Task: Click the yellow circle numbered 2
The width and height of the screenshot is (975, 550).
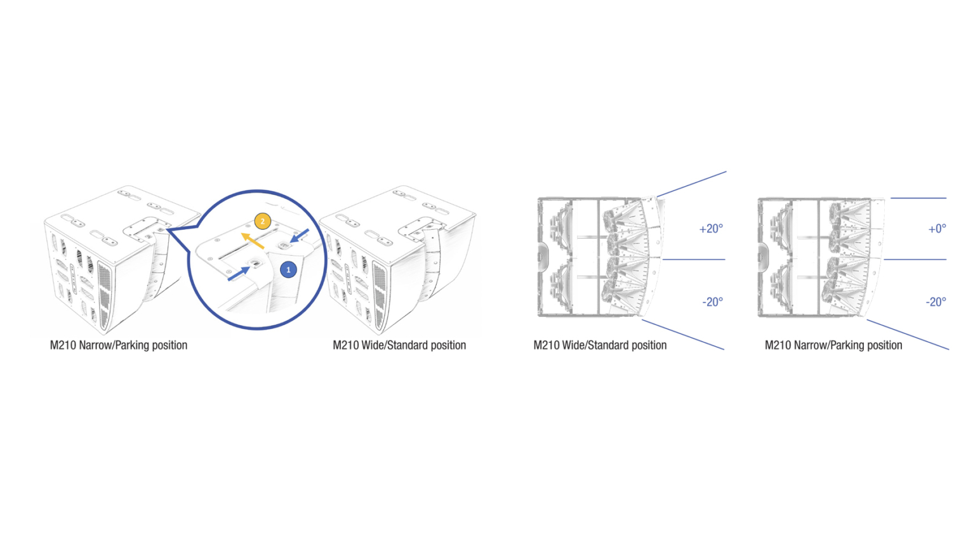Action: click(x=262, y=221)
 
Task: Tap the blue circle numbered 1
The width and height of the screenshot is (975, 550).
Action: click(x=288, y=269)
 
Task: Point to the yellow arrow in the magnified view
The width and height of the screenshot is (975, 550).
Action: click(x=253, y=241)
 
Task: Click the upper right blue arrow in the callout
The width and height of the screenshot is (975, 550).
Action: click(x=300, y=236)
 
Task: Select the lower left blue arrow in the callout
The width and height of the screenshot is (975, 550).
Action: click(x=239, y=274)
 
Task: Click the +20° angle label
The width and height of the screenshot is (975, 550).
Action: click(x=711, y=229)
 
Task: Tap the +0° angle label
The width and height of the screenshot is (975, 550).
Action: click(x=937, y=229)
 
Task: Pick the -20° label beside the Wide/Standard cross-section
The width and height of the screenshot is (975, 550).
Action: click(x=713, y=302)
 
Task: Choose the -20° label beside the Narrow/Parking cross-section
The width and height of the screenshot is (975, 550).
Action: click(x=936, y=302)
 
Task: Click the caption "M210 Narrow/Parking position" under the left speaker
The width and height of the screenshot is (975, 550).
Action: click(x=119, y=345)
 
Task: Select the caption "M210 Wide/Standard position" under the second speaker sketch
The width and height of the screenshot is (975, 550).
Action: click(x=399, y=345)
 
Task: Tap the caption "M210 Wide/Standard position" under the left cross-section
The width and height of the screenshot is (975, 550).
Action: click(x=600, y=345)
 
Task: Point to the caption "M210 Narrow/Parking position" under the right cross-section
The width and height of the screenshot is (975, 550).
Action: click(x=833, y=345)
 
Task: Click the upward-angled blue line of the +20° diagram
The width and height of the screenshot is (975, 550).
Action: click(x=692, y=184)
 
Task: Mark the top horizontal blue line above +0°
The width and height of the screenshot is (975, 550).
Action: click(x=919, y=198)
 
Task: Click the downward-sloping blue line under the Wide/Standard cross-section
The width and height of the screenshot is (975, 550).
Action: click(x=683, y=335)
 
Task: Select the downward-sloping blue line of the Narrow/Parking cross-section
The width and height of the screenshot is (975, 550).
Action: click(x=908, y=335)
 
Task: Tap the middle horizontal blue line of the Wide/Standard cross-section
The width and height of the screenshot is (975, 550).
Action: click(x=693, y=260)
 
